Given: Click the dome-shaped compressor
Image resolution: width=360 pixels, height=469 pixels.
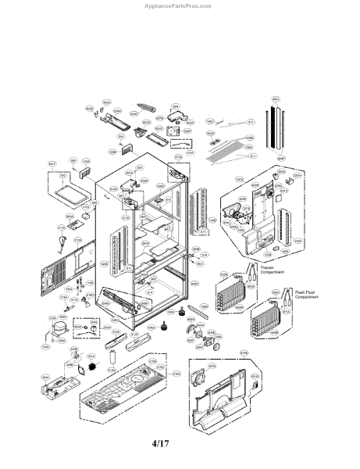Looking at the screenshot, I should (x=55, y=332).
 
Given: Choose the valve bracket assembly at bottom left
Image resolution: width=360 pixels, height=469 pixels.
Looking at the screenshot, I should (x=59, y=383).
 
